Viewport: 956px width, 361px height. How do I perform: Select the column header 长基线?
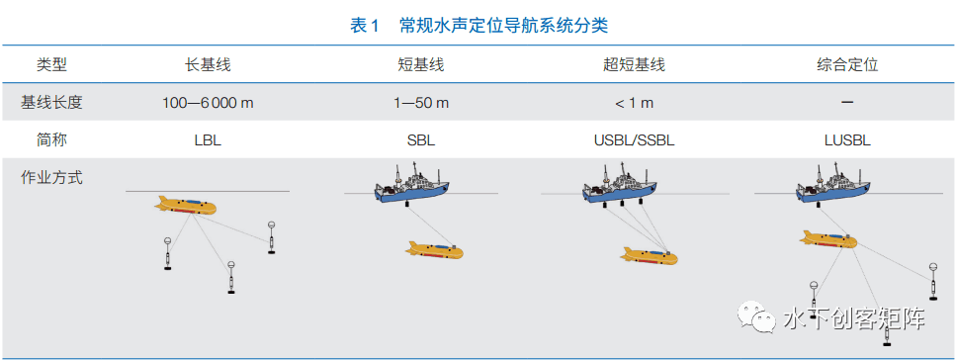(x=208, y=65)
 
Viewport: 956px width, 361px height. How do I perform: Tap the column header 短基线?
(x=420, y=65)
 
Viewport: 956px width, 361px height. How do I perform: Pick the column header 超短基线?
(x=634, y=65)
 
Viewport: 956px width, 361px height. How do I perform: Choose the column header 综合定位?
(x=847, y=65)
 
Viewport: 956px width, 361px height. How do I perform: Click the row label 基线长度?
(x=52, y=102)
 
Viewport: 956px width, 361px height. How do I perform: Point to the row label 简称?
(x=52, y=139)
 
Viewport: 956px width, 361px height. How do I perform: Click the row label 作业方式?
(x=52, y=178)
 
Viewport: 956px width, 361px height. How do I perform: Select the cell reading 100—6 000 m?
(x=208, y=103)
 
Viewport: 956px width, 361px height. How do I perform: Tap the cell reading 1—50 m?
(x=420, y=103)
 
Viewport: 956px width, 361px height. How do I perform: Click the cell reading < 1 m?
(x=634, y=103)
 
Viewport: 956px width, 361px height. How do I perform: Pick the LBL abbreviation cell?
(x=208, y=140)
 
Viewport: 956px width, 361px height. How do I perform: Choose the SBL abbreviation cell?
(x=420, y=140)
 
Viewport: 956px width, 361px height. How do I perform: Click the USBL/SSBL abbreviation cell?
(x=634, y=140)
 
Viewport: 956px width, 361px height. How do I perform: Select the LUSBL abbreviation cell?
(x=847, y=140)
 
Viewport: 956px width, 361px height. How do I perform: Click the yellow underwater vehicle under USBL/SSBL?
(x=650, y=257)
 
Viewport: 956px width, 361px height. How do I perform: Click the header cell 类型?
(x=52, y=65)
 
